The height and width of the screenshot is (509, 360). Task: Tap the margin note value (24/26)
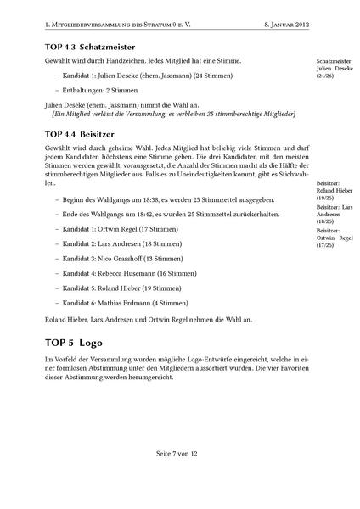(x=326, y=76)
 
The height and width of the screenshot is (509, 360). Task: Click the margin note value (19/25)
(x=325, y=198)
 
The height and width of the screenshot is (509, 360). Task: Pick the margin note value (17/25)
(x=325, y=246)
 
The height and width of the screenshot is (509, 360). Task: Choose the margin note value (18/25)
(x=325, y=222)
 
